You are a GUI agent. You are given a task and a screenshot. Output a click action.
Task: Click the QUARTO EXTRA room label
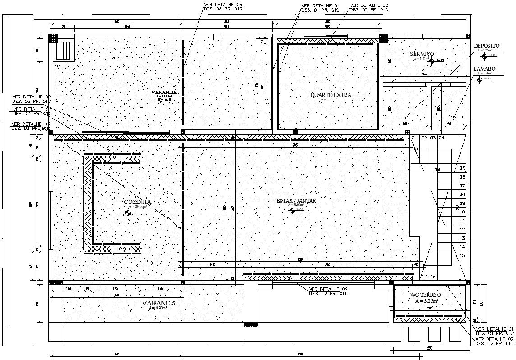pos(331,95)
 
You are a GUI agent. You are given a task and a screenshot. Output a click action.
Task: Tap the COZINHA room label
pos(138,202)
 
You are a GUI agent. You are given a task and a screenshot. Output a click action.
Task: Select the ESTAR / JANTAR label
pos(296,201)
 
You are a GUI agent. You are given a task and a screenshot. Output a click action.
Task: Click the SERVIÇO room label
pos(422,54)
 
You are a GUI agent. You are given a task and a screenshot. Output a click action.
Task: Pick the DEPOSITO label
pos(486,46)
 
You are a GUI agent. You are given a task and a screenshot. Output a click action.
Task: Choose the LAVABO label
pos(484,69)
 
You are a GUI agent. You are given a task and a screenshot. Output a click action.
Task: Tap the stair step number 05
pos(462,168)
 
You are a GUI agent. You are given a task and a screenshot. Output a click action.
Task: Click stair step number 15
pos(462,256)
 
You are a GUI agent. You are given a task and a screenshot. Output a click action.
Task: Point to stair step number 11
pos(462,221)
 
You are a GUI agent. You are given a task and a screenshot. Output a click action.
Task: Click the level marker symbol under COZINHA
pos(128,212)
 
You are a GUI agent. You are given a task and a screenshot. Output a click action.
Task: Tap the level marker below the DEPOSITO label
pos(484,56)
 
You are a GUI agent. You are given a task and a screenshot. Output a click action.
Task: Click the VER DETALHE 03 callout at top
pos(223,5)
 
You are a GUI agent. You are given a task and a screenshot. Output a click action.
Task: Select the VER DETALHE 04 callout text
pos(32,109)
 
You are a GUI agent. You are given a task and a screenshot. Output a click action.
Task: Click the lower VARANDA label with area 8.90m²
pos(158,304)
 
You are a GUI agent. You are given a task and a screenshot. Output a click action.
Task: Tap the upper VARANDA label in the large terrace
pos(164,92)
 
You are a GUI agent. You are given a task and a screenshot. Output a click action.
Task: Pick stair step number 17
pos(424,276)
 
